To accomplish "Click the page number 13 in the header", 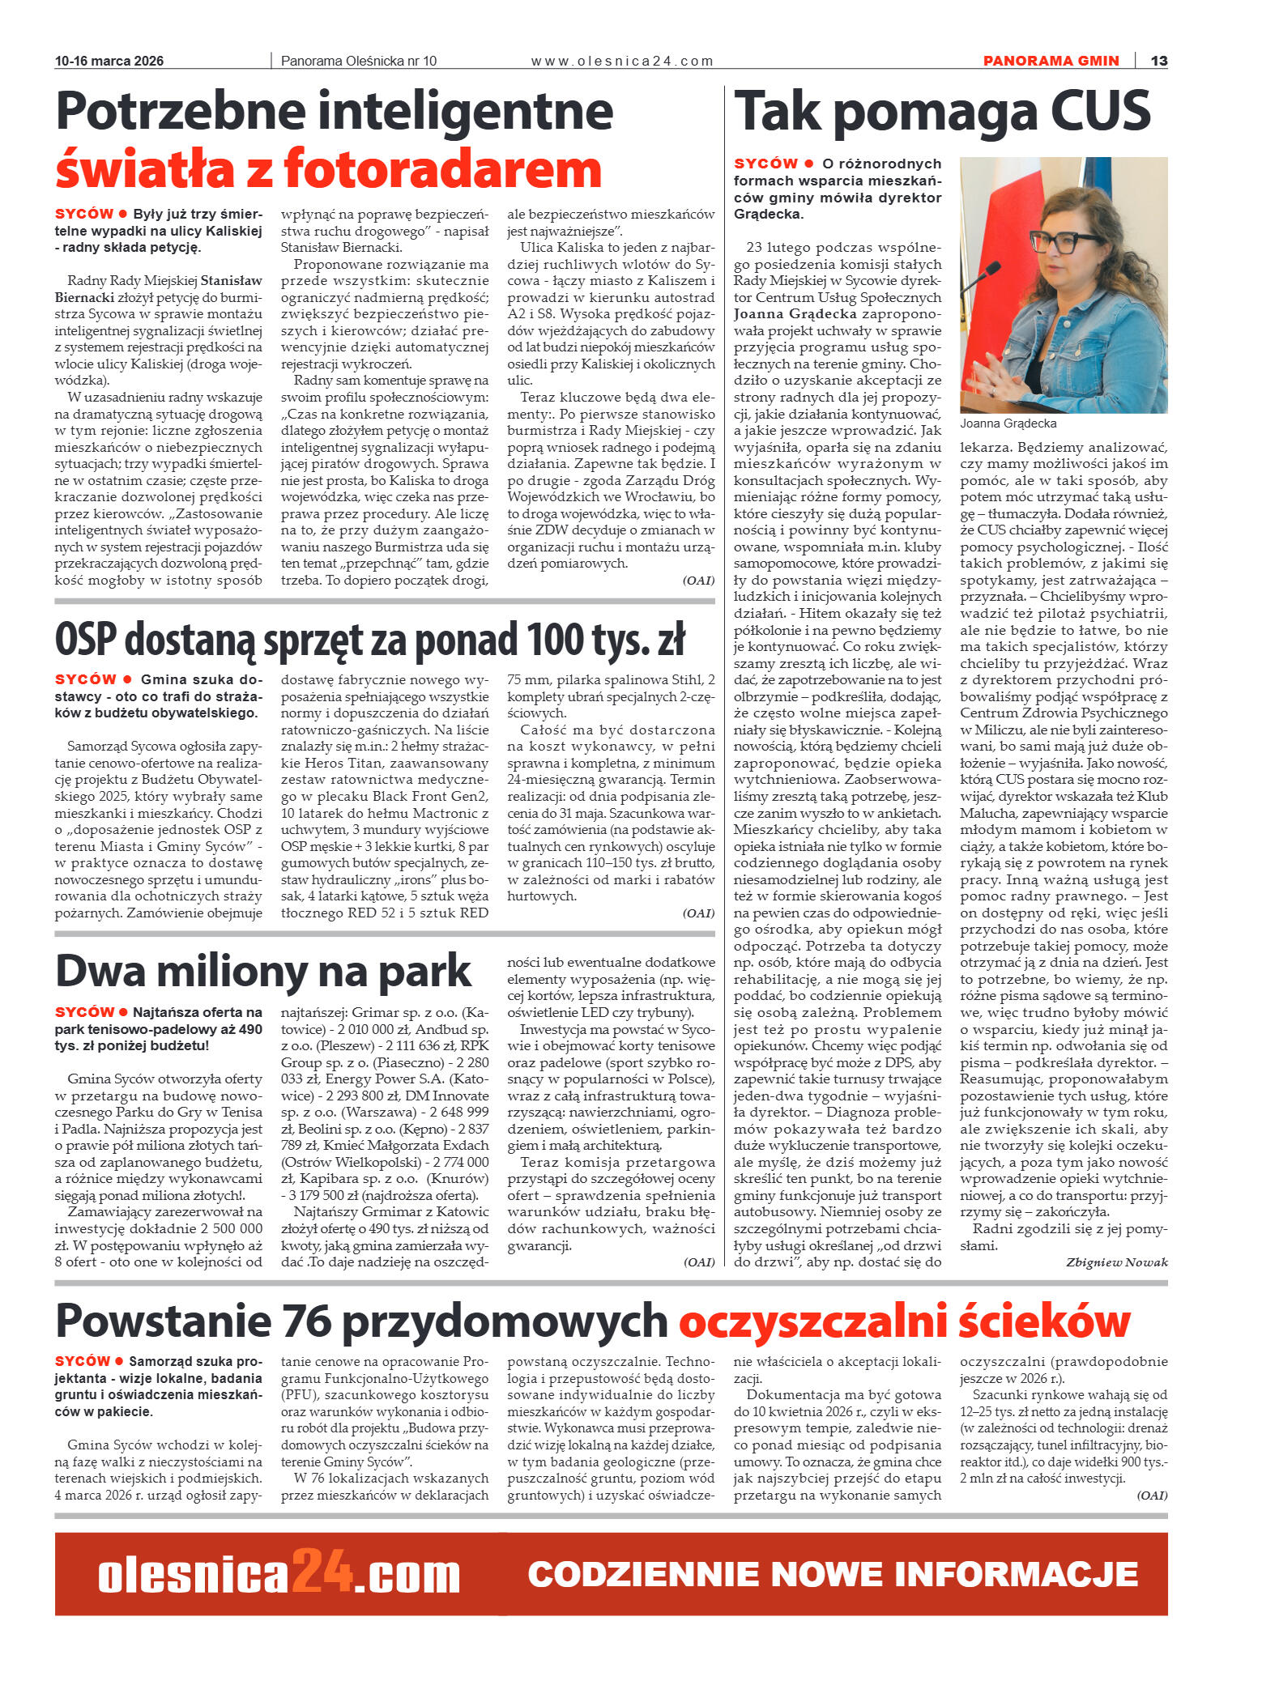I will (1159, 61).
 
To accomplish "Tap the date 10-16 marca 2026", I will (109, 61).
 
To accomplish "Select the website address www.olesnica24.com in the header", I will (622, 61).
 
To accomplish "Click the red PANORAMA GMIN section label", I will (1051, 61).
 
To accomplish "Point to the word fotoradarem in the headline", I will (442, 168).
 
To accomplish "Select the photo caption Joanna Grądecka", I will (1008, 423).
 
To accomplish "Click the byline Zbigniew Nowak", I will (1116, 1262).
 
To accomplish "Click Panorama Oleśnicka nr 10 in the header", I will (358, 61).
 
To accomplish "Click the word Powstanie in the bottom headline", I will (163, 1321).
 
